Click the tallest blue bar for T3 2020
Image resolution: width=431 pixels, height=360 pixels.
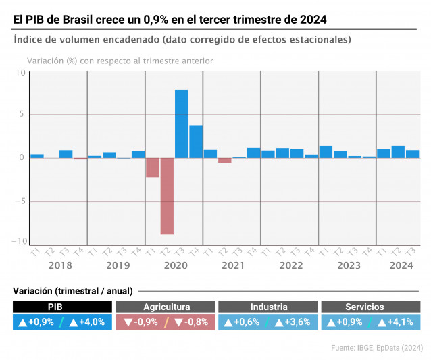[181, 124]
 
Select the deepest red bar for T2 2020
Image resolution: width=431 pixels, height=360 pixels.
[167, 196]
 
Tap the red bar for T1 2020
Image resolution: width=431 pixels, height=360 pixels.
[153, 168]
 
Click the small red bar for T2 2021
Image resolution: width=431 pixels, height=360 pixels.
[224, 161]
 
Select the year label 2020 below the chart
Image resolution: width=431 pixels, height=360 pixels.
[175, 265]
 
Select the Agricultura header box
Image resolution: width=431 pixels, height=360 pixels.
[166, 307]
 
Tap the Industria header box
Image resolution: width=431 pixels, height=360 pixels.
[268, 307]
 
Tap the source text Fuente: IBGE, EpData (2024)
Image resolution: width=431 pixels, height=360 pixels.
[377, 347]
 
